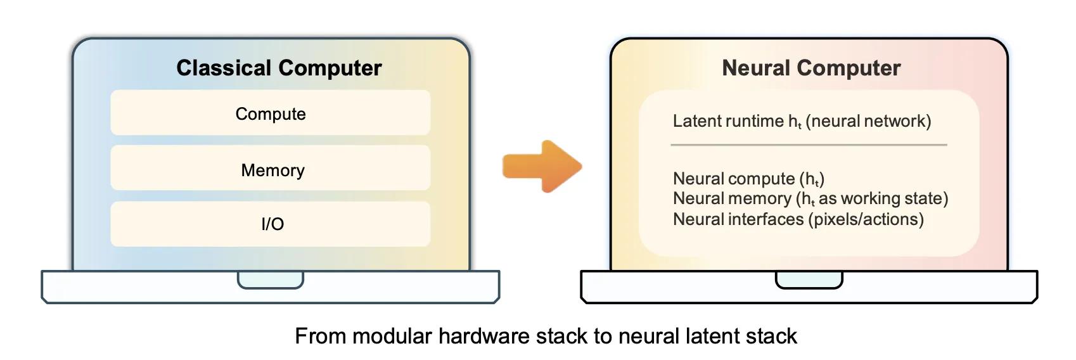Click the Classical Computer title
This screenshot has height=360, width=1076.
(279, 68)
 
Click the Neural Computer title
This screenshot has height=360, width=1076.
(811, 68)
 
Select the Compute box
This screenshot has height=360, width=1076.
(271, 113)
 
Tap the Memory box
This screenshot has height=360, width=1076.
(271, 169)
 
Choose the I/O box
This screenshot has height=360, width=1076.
(271, 224)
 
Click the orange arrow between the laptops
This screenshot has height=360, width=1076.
(542, 167)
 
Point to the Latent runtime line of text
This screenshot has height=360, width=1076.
(802, 121)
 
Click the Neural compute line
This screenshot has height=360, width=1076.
(748, 179)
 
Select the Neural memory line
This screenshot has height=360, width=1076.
(810, 198)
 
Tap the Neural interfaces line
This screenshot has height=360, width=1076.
(798, 219)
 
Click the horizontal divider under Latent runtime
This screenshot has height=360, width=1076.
(809, 145)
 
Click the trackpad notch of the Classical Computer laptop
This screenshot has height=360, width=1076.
(271, 280)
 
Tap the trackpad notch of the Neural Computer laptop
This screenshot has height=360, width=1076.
(809, 280)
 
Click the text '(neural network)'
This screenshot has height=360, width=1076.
(869, 121)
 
